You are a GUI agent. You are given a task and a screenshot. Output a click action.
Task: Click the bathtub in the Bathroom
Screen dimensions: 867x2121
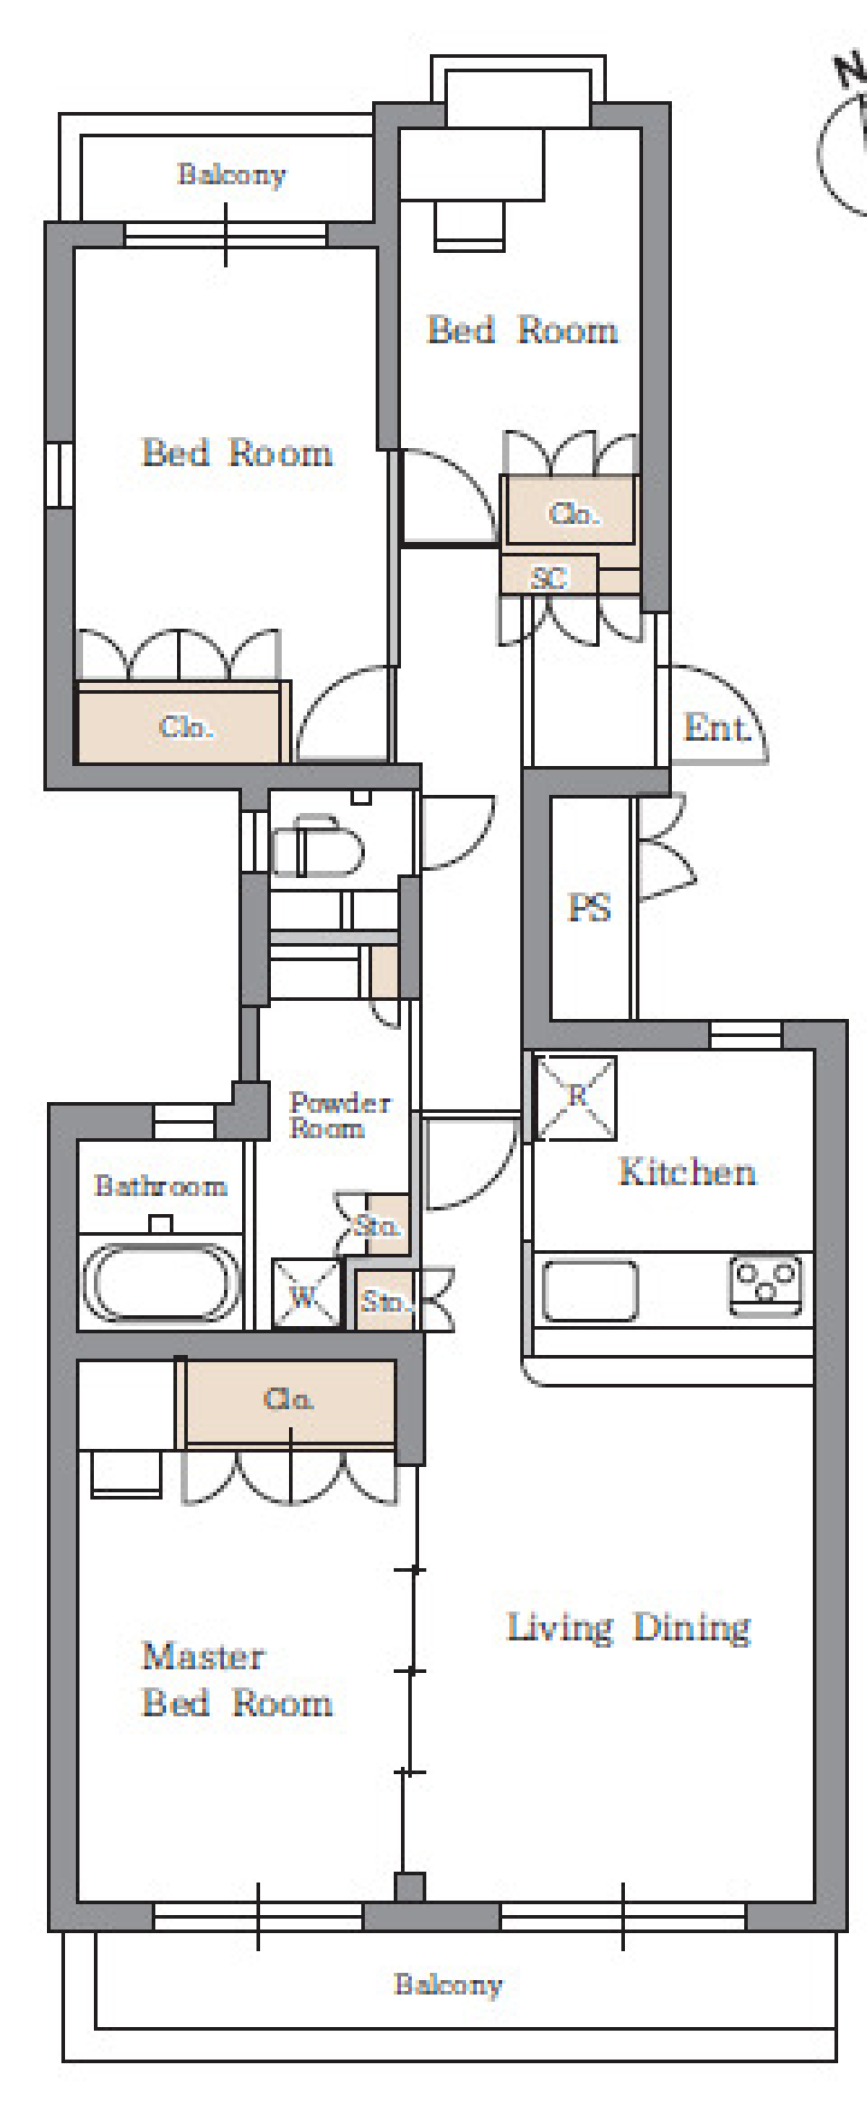coord(162,1284)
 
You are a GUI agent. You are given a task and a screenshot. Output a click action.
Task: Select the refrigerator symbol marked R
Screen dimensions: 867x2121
coord(576,1098)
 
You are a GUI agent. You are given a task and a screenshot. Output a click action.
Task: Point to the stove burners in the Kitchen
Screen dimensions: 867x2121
coord(767,1284)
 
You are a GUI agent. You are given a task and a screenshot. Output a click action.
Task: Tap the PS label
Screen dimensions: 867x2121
coord(589,908)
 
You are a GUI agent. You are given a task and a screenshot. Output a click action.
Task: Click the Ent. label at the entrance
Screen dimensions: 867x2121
coord(717,727)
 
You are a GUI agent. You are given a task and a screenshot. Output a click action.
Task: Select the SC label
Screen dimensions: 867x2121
coord(549,578)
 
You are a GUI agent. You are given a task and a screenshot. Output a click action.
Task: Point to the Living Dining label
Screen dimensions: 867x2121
coord(629,1627)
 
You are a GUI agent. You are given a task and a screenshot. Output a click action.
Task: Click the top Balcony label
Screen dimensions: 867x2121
coord(231,173)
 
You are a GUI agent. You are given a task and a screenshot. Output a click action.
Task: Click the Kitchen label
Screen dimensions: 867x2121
coord(687,1172)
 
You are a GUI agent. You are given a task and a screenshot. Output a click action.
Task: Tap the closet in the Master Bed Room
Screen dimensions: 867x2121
coord(290,1403)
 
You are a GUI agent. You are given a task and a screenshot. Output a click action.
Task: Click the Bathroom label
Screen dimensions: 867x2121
coord(160,1185)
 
